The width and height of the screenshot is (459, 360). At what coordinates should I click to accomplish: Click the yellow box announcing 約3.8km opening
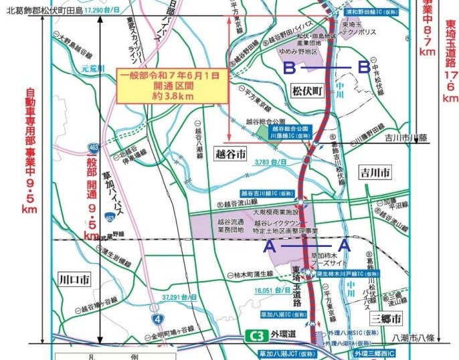[x=169, y=86]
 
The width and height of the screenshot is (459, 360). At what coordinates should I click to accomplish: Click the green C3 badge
[x=256, y=335]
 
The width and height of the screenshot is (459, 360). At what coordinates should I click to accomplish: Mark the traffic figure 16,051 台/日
[x=274, y=290]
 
